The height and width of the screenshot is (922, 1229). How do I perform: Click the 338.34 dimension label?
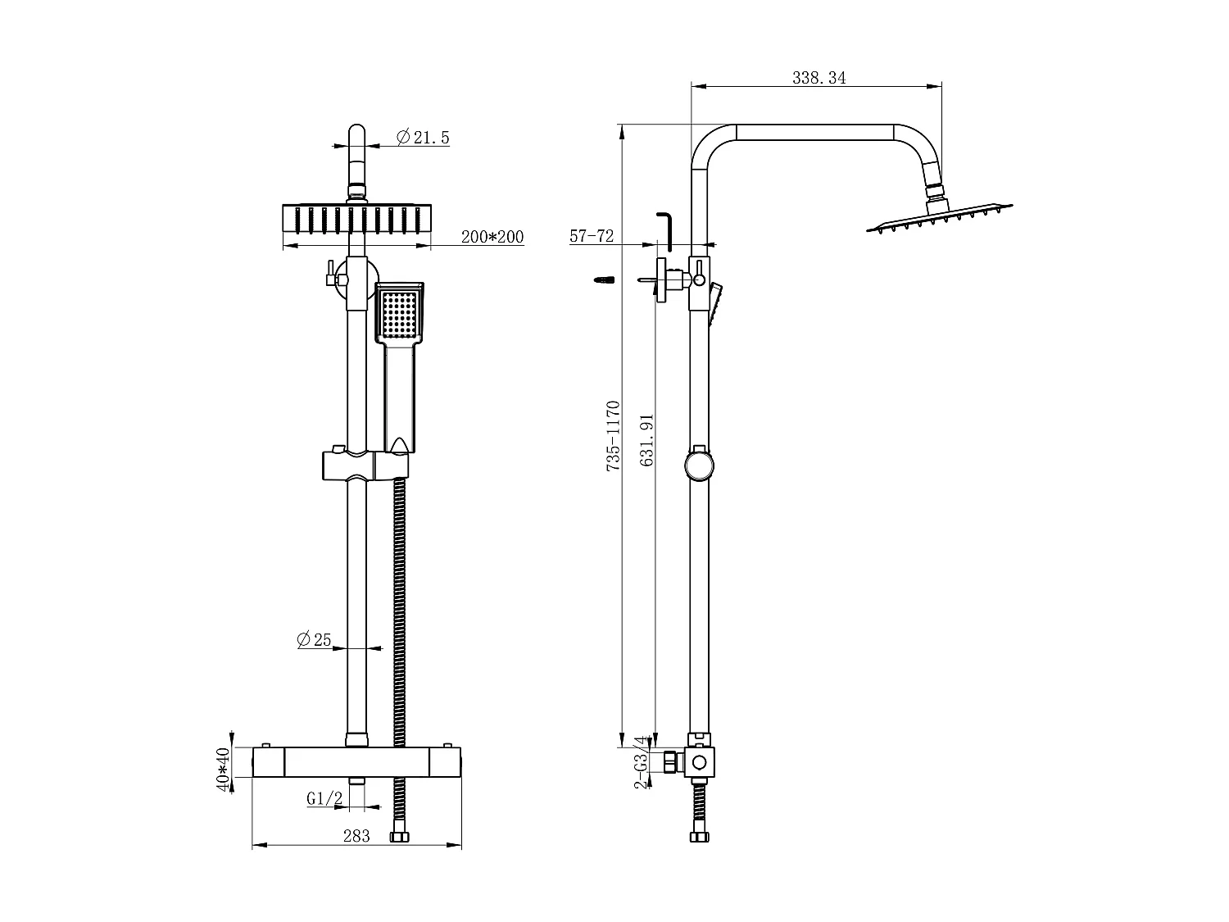coord(819,78)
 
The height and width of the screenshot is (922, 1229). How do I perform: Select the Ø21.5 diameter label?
coord(423,138)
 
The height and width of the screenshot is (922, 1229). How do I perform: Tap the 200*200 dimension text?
coord(492,237)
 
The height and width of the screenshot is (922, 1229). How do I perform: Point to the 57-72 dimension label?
coord(592,236)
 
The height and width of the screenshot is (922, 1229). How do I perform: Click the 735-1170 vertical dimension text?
coord(612,435)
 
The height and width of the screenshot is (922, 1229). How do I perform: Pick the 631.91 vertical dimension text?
coord(647,440)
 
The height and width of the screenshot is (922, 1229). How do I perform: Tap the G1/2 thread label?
coord(324,798)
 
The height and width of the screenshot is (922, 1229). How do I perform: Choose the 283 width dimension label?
coord(356,836)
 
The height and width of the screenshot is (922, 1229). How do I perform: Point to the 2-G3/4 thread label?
coord(642,763)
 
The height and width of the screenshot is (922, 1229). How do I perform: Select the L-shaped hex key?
coord(666,231)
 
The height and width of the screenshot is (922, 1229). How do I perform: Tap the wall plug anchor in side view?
coord(601,280)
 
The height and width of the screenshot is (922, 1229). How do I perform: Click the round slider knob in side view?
coord(699,466)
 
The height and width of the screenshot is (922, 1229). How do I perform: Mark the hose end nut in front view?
coord(400,838)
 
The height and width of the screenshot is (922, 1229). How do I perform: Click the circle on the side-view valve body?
coord(699,763)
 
